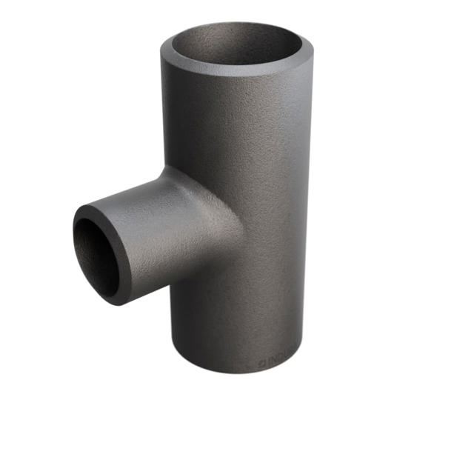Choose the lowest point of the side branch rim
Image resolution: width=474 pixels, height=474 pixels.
118,303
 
